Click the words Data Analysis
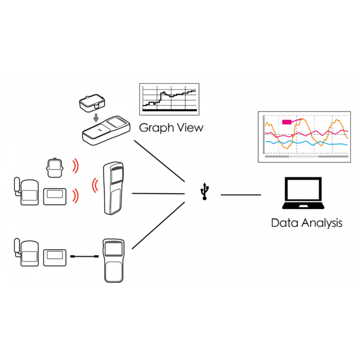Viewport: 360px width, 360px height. (306, 223)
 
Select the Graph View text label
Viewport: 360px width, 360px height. (171, 127)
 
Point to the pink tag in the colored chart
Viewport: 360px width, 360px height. (287, 121)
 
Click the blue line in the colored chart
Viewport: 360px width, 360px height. (306, 143)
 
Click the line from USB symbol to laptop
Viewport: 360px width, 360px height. (240, 195)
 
